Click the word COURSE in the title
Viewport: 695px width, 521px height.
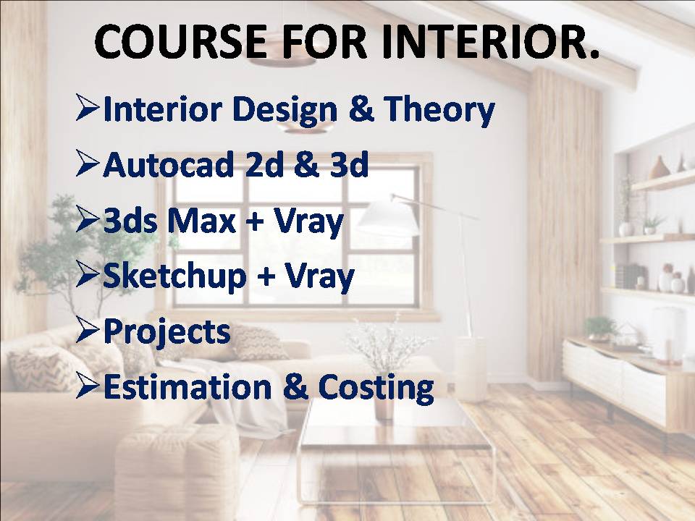(x=181, y=41)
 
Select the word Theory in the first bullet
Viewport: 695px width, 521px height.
(x=439, y=111)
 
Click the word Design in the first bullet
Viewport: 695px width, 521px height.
(x=285, y=111)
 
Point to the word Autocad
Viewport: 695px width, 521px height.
(x=169, y=164)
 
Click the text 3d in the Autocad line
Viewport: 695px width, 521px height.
(x=349, y=164)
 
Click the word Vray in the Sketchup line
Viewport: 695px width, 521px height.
(x=319, y=277)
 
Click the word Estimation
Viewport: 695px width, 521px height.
(x=187, y=386)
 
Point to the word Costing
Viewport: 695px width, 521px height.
(x=376, y=389)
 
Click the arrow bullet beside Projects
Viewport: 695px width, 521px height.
(x=87, y=330)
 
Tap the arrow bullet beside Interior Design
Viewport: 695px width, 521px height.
(x=87, y=108)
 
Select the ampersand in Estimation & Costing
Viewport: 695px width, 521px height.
(x=295, y=386)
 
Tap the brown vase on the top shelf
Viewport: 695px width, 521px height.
(x=660, y=168)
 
